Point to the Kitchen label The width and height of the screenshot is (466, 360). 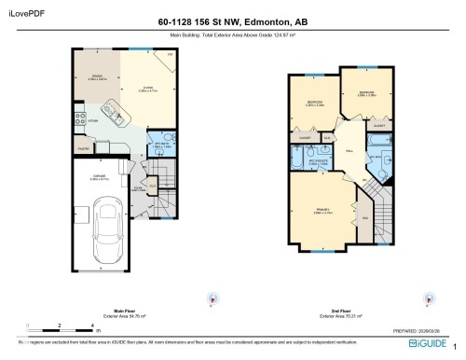[94, 121]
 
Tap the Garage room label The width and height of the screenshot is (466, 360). [96, 177]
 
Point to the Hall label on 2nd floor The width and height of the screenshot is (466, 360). [350, 150]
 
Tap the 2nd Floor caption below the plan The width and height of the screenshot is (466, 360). [339, 312]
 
